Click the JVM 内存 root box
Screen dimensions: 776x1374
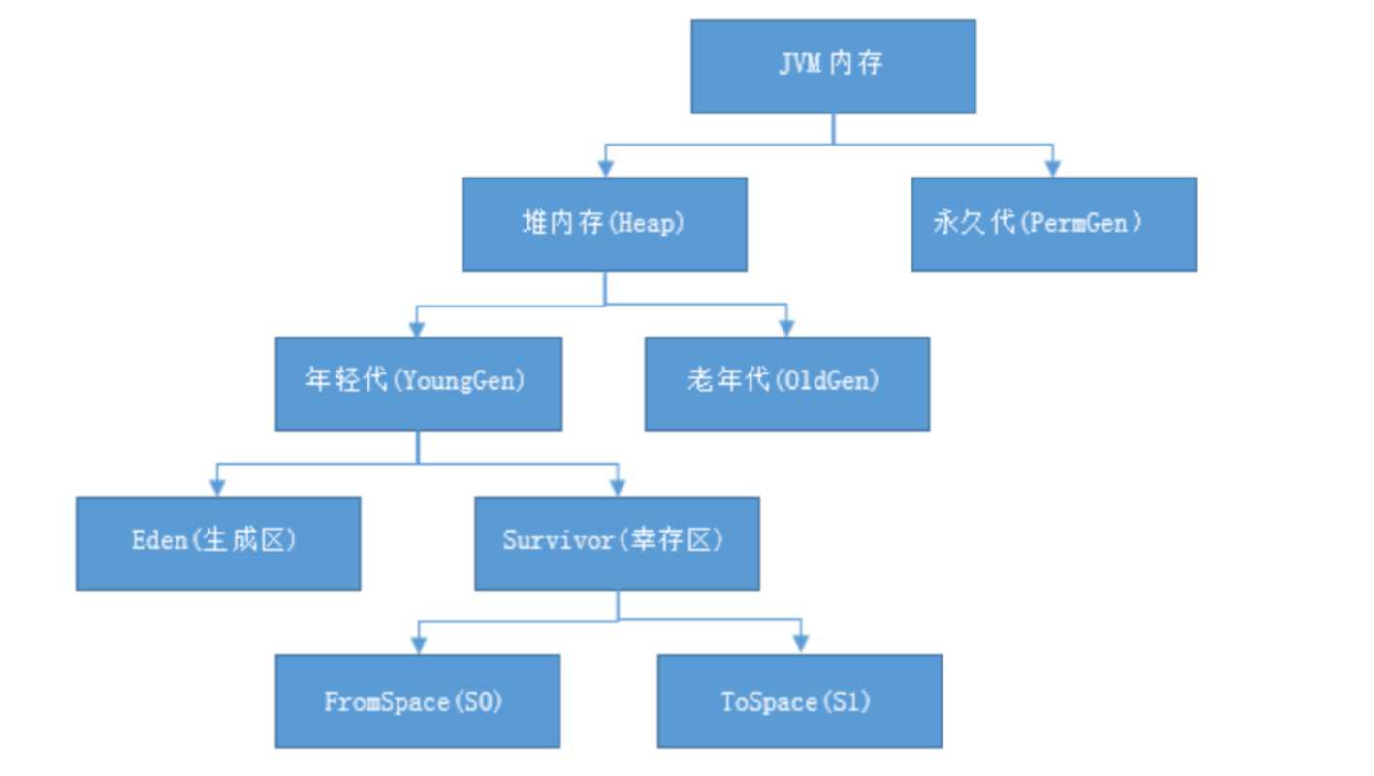coord(833,66)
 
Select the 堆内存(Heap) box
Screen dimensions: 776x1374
coord(604,223)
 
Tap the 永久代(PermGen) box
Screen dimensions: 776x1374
coord(1053,223)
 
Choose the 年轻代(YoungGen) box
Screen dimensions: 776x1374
coord(418,383)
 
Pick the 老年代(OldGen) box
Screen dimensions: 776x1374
coord(786,383)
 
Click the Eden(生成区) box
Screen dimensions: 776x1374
coord(218,543)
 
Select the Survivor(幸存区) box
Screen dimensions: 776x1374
coord(617,543)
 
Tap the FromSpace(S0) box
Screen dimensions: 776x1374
coord(417,700)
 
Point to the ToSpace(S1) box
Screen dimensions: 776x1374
coord(799,700)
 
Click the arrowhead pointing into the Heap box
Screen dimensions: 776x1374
coord(606,169)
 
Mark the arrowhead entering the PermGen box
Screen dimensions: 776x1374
coord(1053,169)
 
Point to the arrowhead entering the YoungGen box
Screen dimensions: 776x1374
coord(418,329)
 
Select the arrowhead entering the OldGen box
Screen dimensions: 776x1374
coord(786,329)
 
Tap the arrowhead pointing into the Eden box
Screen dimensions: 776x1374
coord(218,488)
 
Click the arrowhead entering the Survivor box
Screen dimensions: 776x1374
coord(617,488)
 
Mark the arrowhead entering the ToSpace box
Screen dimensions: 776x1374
coord(800,645)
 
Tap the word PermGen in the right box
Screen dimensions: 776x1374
coord(1079,223)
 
